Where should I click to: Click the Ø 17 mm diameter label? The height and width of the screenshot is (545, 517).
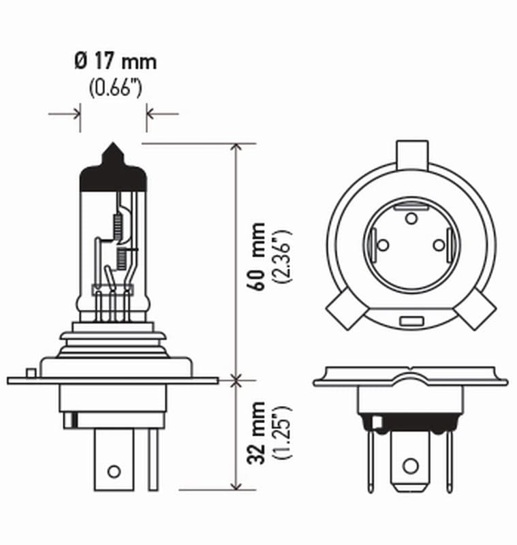(114, 62)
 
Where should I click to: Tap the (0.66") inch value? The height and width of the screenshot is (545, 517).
(114, 88)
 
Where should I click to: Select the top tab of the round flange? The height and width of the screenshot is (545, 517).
(412, 153)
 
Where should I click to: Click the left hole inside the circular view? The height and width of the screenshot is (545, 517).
(382, 245)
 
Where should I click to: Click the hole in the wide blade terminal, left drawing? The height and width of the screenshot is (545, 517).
(114, 471)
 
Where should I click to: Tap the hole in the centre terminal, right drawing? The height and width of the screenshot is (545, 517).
(409, 466)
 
